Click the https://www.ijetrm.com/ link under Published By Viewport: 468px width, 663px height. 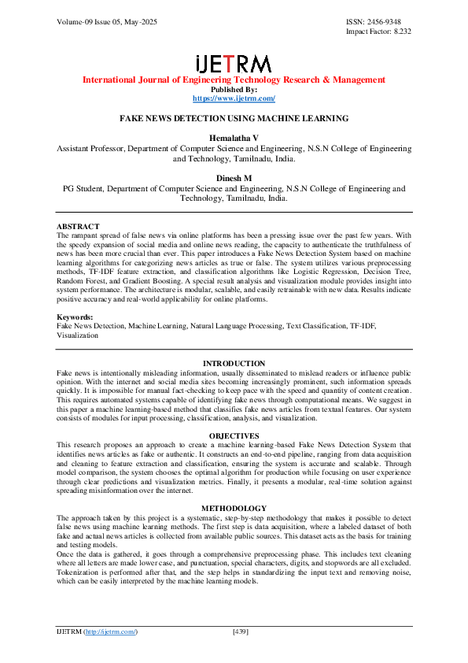coord(234,98)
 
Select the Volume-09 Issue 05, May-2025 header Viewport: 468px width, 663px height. coord(106,22)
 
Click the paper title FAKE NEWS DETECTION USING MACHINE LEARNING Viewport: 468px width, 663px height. coord(234,118)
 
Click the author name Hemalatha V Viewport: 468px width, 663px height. coord(234,138)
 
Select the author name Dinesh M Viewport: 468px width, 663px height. coord(234,179)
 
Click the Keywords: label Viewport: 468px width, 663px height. coord(75,317)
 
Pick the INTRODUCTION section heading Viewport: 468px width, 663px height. coord(234,363)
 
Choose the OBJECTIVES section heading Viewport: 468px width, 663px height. coord(234,435)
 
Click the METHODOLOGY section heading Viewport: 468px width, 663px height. coord(234,508)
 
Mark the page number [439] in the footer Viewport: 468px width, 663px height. coord(241,632)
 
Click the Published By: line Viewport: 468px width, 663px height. coord(234,89)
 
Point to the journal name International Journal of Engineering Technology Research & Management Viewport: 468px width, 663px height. coord(234,80)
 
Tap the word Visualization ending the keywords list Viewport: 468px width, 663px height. coord(77,335)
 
